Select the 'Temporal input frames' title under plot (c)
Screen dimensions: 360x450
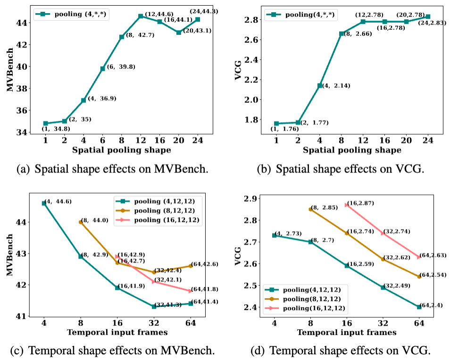117,332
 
